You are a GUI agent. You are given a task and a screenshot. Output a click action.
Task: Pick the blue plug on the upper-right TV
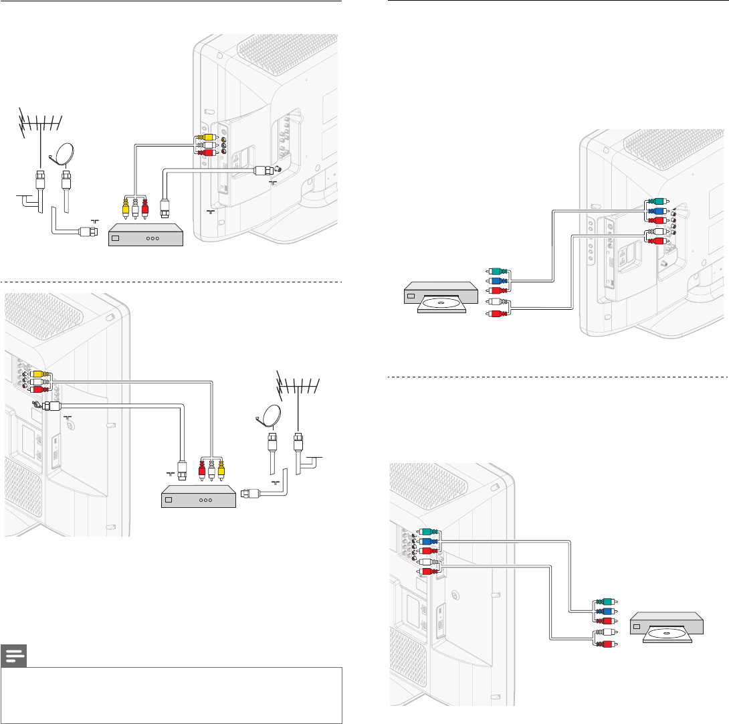coord(657,211)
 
